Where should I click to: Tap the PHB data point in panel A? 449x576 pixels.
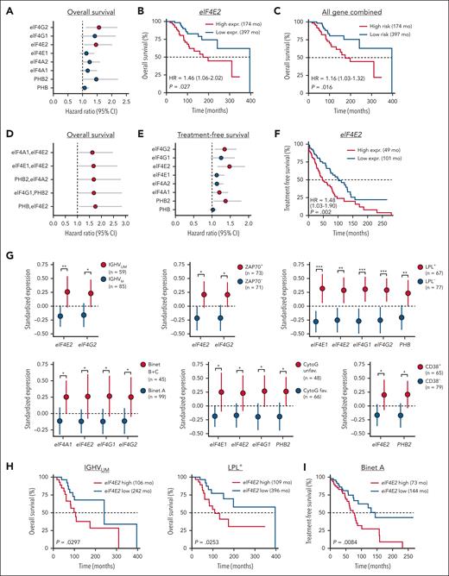tap(84, 88)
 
